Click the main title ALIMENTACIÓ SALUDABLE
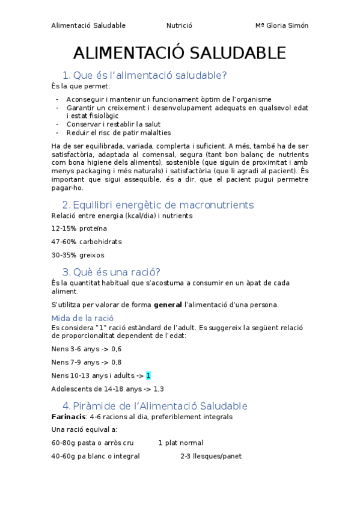(x=180, y=53)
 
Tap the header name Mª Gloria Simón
(x=282, y=25)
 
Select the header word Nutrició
(x=179, y=25)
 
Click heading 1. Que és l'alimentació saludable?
(x=144, y=75)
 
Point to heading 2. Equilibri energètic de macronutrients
(x=157, y=204)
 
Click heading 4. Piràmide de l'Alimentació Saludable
(x=154, y=405)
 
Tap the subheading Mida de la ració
(x=83, y=318)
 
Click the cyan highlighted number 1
(x=148, y=375)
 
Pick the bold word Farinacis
(x=68, y=416)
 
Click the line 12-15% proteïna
(x=79, y=228)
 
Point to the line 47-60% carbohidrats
(x=87, y=242)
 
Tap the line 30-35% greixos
(x=78, y=255)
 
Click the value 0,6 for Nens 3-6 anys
(x=116, y=349)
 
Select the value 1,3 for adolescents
(x=159, y=389)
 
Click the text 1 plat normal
(x=181, y=443)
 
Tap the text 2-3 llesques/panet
(x=211, y=456)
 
